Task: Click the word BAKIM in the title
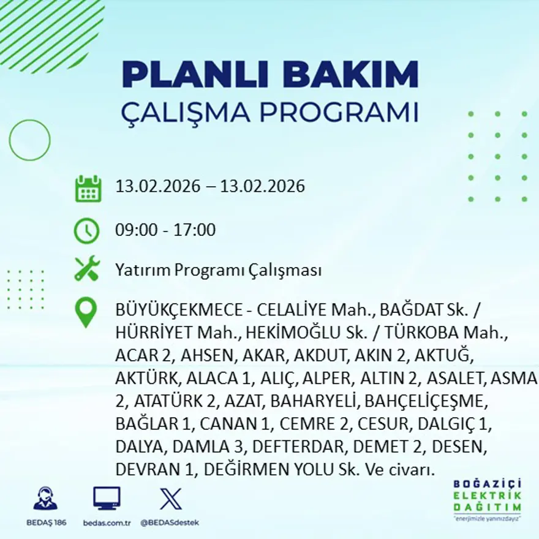(x=352, y=75)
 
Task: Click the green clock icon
(x=86, y=231)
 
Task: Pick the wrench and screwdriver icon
(x=87, y=269)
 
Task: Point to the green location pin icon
(x=86, y=312)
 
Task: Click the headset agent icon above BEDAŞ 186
(x=45, y=499)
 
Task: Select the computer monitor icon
(x=107, y=498)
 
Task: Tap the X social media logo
(x=170, y=498)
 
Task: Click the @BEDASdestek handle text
(x=170, y=522)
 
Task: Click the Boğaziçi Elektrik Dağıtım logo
(x=488, y=499)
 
